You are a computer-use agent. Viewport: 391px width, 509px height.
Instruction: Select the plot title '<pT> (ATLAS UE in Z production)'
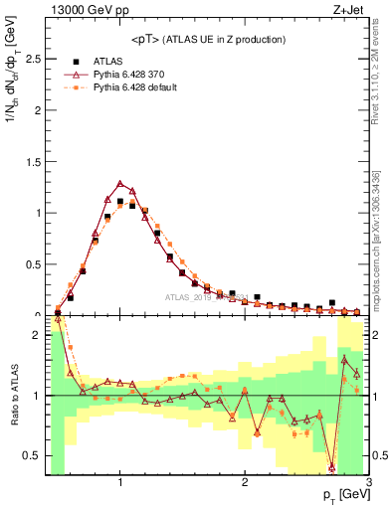[207, 39]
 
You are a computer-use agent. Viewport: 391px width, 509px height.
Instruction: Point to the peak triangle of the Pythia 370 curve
[120, 183]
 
